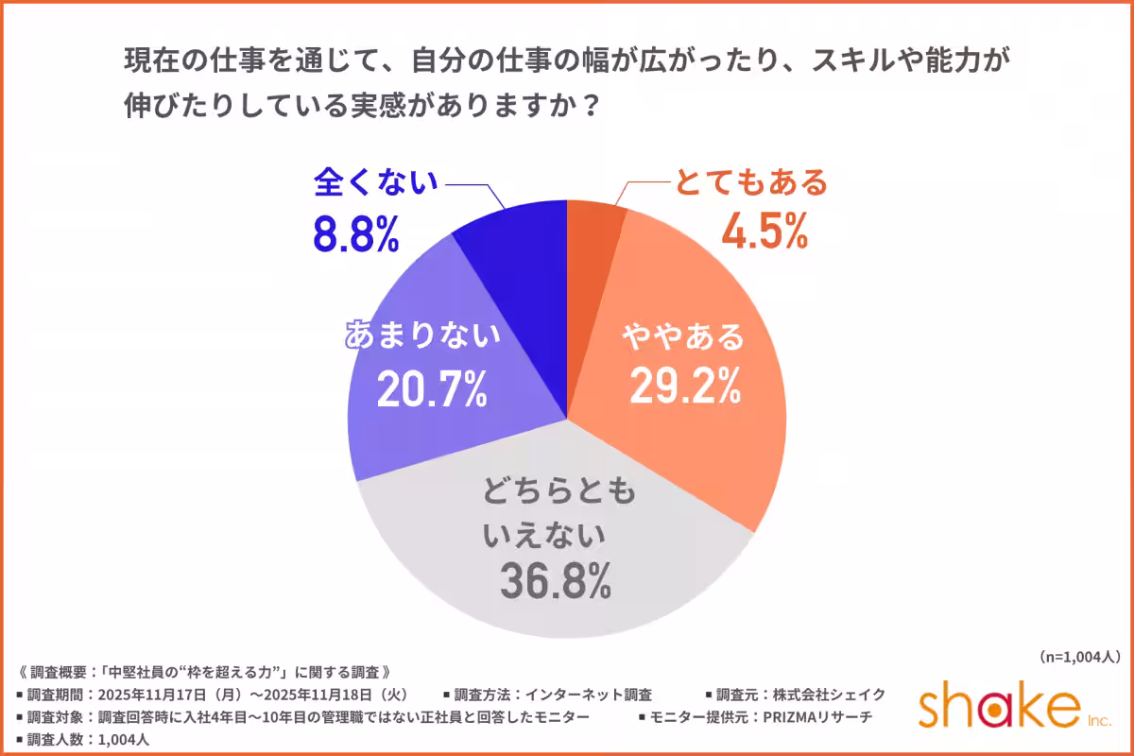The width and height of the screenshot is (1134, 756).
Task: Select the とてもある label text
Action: pyautogui.click(x=750, y=180)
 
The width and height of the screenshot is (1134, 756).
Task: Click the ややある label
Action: pyautogui.click(x=681, y=336)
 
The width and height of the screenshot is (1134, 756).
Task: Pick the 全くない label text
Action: pyautogui.click(x=375, y=181)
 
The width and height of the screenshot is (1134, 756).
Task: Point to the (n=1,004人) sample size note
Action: pyautogui.click(x=1078, y=656)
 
